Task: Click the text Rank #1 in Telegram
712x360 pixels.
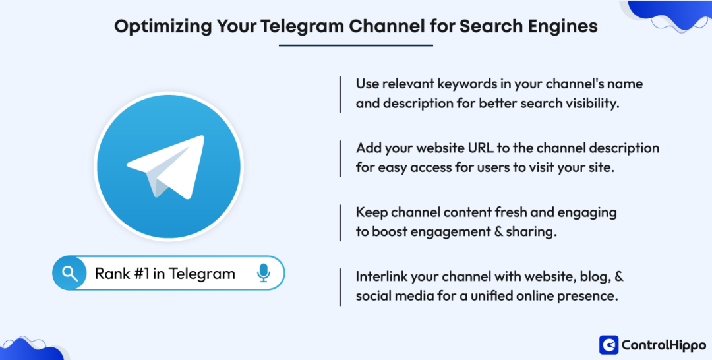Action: tap(165, 274)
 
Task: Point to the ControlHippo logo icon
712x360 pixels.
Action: tap(608, 345)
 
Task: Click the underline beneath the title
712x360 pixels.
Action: tap(356, 45)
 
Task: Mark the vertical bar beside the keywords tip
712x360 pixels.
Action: tap(340, 94)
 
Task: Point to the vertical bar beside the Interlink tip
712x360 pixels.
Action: tap(340, 286)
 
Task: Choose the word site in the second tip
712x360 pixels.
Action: tap(603, 168)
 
